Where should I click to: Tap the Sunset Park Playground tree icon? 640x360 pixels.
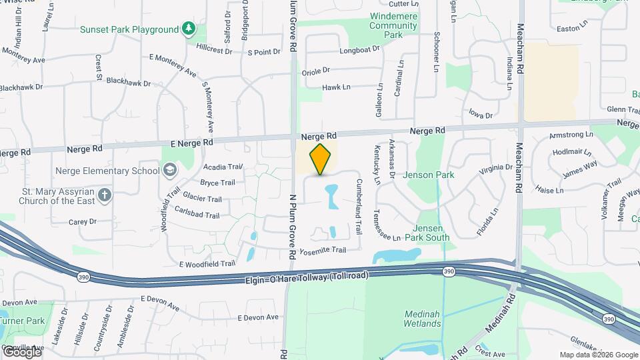coord(190,29)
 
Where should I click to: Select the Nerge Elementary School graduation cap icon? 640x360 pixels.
coord(170,170)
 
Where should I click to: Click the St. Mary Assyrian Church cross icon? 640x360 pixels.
coord(103,195)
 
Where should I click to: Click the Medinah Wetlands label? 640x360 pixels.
coord(422,319)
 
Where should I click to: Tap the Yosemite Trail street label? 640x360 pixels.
coord(323,250)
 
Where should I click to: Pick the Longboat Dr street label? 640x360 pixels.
coord(359,49)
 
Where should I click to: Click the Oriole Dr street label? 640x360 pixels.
coord(316,70)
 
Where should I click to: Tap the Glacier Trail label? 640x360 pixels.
coord(202,199)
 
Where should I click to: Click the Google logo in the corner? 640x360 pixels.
coord(21,351)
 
